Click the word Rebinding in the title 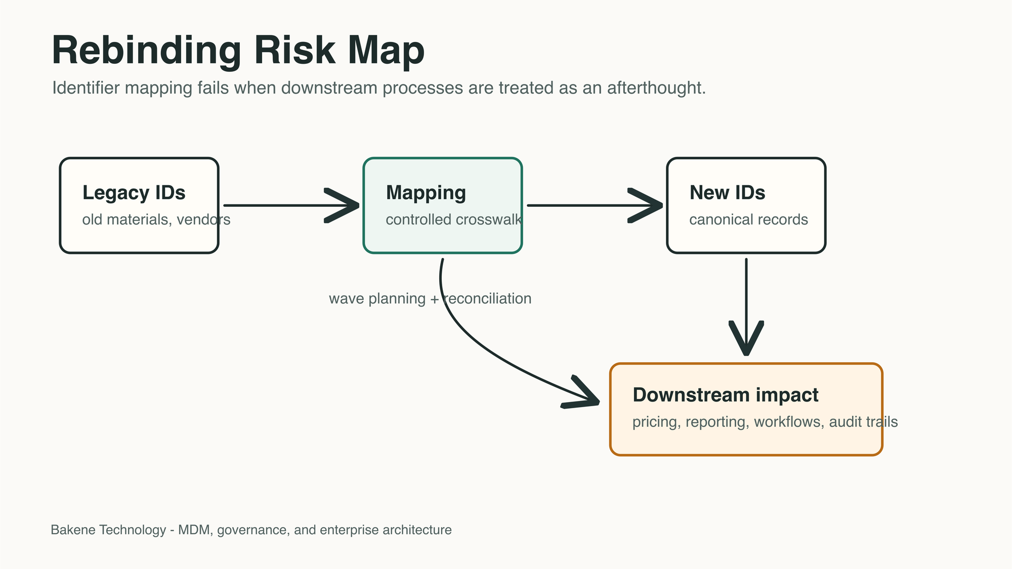[x=147, y=51]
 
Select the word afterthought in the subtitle [x=656, y=88]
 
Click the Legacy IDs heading [x=134, y=193]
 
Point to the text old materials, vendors [x=156, y=220]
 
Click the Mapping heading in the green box [x=426, y=193]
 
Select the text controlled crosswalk [x=453, y=220]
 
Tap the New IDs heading [x=727, y=193]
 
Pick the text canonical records [x=748, y=220]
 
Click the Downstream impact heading [x=725, y=395]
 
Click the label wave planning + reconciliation [x=430, y=298]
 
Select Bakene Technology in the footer [x=108, y=530]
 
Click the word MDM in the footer [x=195, y=530]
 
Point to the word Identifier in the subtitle [x=86, y=88]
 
